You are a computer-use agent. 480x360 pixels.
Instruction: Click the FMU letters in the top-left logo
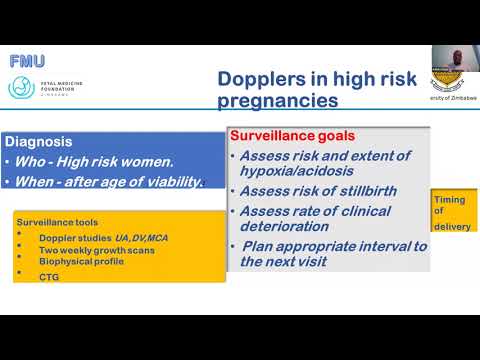pyautogui.click(x=27, y=61)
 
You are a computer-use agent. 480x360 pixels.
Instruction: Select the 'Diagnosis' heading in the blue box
pyautogui.click(x=38, y=142)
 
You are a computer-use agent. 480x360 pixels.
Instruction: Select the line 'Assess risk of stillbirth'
pyautogui.click(x=310, y=191)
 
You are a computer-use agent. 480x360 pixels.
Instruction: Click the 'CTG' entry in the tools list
pyautogui.click(x=48, y=277)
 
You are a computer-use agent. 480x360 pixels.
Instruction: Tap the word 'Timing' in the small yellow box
pyautogui.click(x=449, y=200)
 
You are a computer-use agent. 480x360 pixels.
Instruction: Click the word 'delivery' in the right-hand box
pyautogui.click(x=452, y=226)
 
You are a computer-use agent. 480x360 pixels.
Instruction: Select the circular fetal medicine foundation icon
pyautogui.click(x=21, y=87)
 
